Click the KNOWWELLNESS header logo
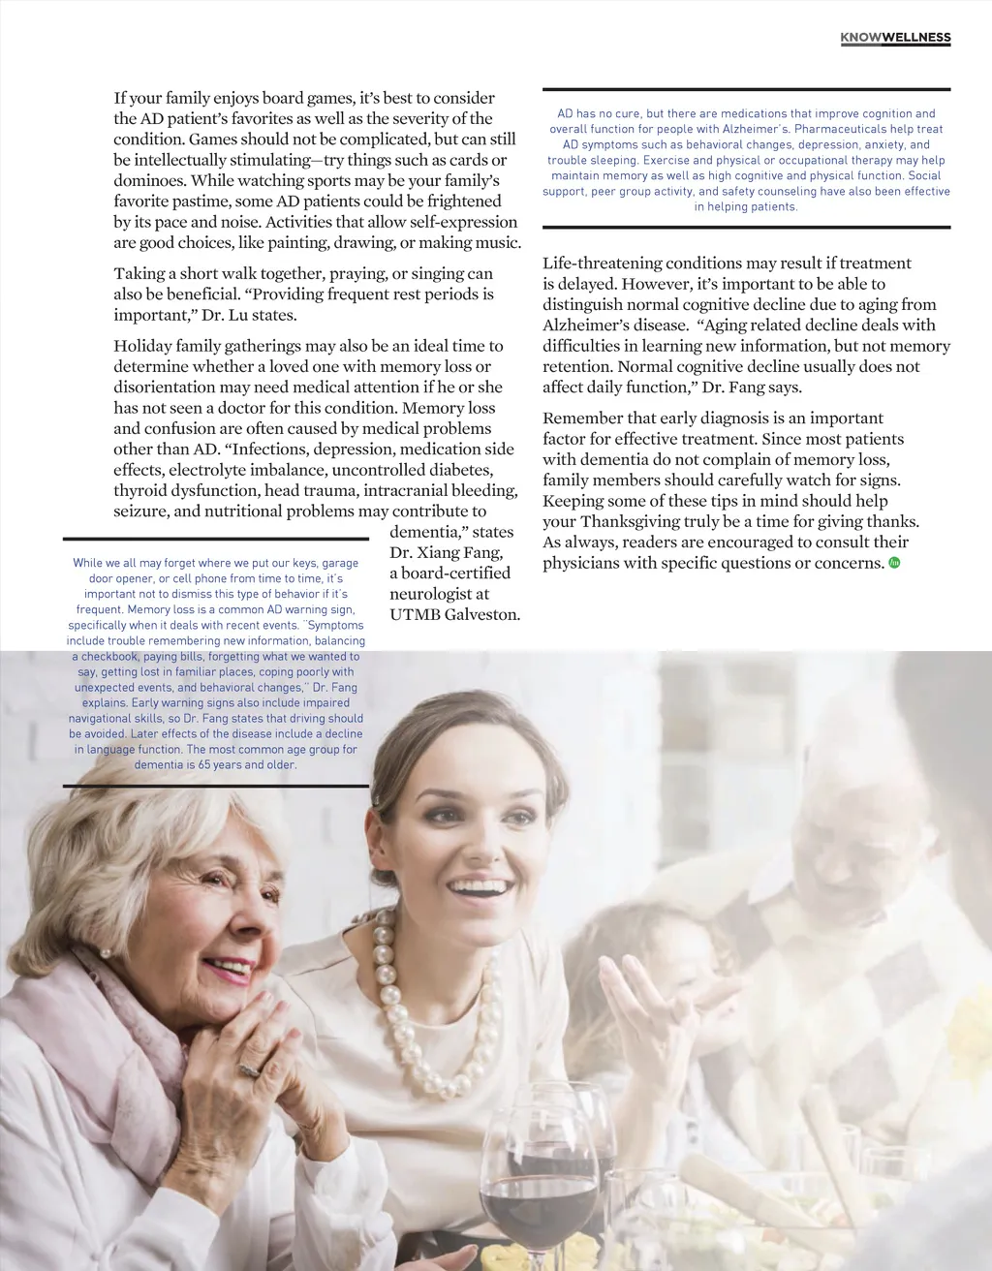pos(895,38)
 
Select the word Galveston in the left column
pos(481,614)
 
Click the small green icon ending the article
pos(894,563)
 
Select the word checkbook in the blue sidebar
pos(109,656)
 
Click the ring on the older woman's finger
pos(249,1069)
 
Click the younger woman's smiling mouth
pos(480,884)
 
